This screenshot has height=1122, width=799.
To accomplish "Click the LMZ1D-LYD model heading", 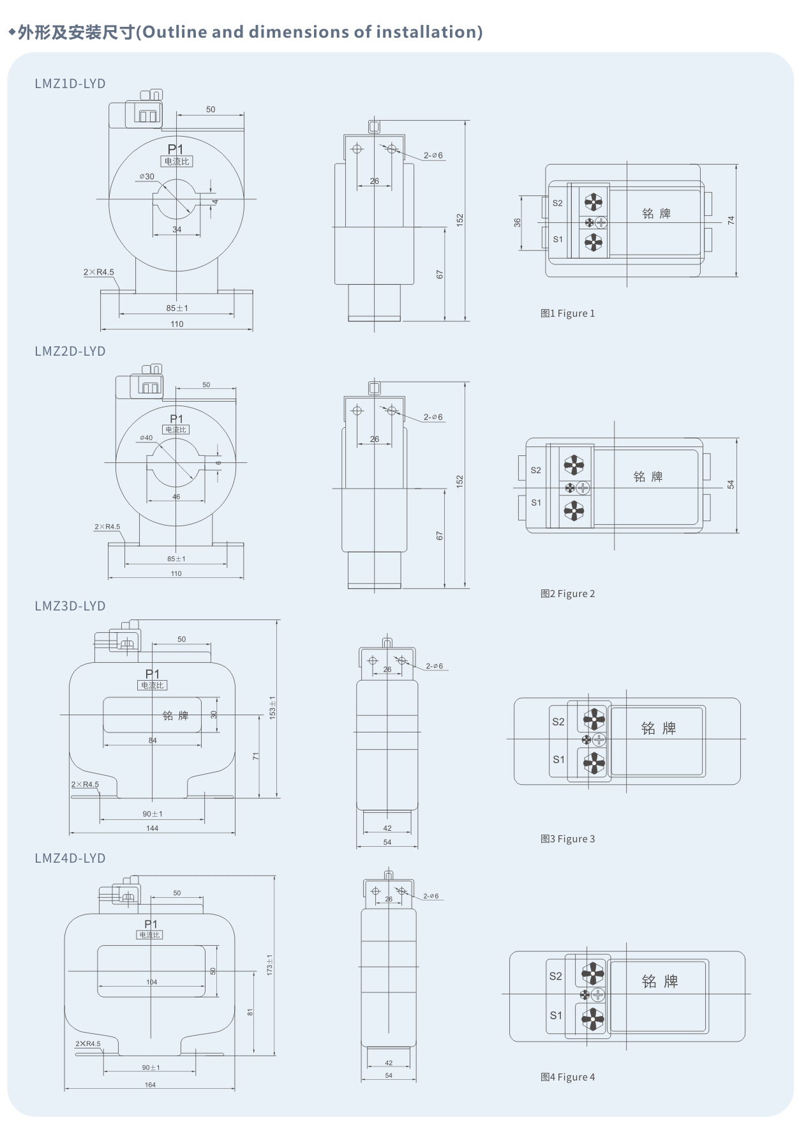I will [70, 84].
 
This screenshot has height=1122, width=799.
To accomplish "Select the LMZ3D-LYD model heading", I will [70, 606].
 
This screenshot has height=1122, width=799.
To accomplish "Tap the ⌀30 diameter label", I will [147, 176].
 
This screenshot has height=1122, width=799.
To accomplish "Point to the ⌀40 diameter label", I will [147, 438].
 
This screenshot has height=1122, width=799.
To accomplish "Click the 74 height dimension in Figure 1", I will [731, 220].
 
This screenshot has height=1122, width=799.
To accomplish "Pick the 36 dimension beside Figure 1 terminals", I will [517, 222].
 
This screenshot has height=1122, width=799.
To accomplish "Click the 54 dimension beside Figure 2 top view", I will [731, 485].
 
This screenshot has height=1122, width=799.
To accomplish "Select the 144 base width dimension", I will [152, 828].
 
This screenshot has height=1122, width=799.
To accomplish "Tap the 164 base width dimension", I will [150, 1085].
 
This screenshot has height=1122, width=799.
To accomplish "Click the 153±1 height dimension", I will [273, 708].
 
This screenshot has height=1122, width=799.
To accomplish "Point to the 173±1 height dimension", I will [269, 964].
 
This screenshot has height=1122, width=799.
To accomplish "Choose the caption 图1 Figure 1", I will [567, 314].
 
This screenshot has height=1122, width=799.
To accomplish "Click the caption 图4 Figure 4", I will [567, 1077].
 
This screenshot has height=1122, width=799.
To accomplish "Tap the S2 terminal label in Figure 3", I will [558, 722].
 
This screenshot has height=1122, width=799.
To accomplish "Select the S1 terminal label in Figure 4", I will [556, 1015].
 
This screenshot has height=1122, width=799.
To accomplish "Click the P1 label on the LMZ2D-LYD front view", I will [176, 419].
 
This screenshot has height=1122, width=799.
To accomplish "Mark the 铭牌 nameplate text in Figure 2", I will [648, 476].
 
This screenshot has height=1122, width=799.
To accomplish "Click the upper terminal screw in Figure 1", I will [594, 202].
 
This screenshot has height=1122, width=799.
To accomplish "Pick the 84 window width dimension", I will [153, 741].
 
